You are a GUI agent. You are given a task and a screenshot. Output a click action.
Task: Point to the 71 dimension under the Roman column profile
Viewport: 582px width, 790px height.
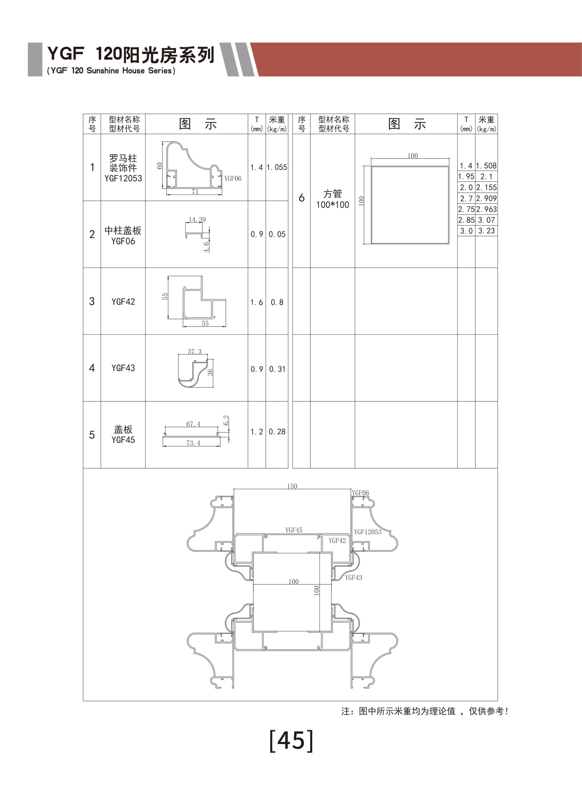(x=195, y=192)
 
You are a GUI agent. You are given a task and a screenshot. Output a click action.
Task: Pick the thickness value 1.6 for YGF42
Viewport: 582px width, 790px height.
(x=256, y=302)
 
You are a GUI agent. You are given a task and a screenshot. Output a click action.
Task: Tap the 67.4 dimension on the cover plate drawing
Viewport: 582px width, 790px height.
(x=193, y=424)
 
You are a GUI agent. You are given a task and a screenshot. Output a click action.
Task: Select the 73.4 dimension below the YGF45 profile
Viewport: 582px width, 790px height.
(x=193, y=443)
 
